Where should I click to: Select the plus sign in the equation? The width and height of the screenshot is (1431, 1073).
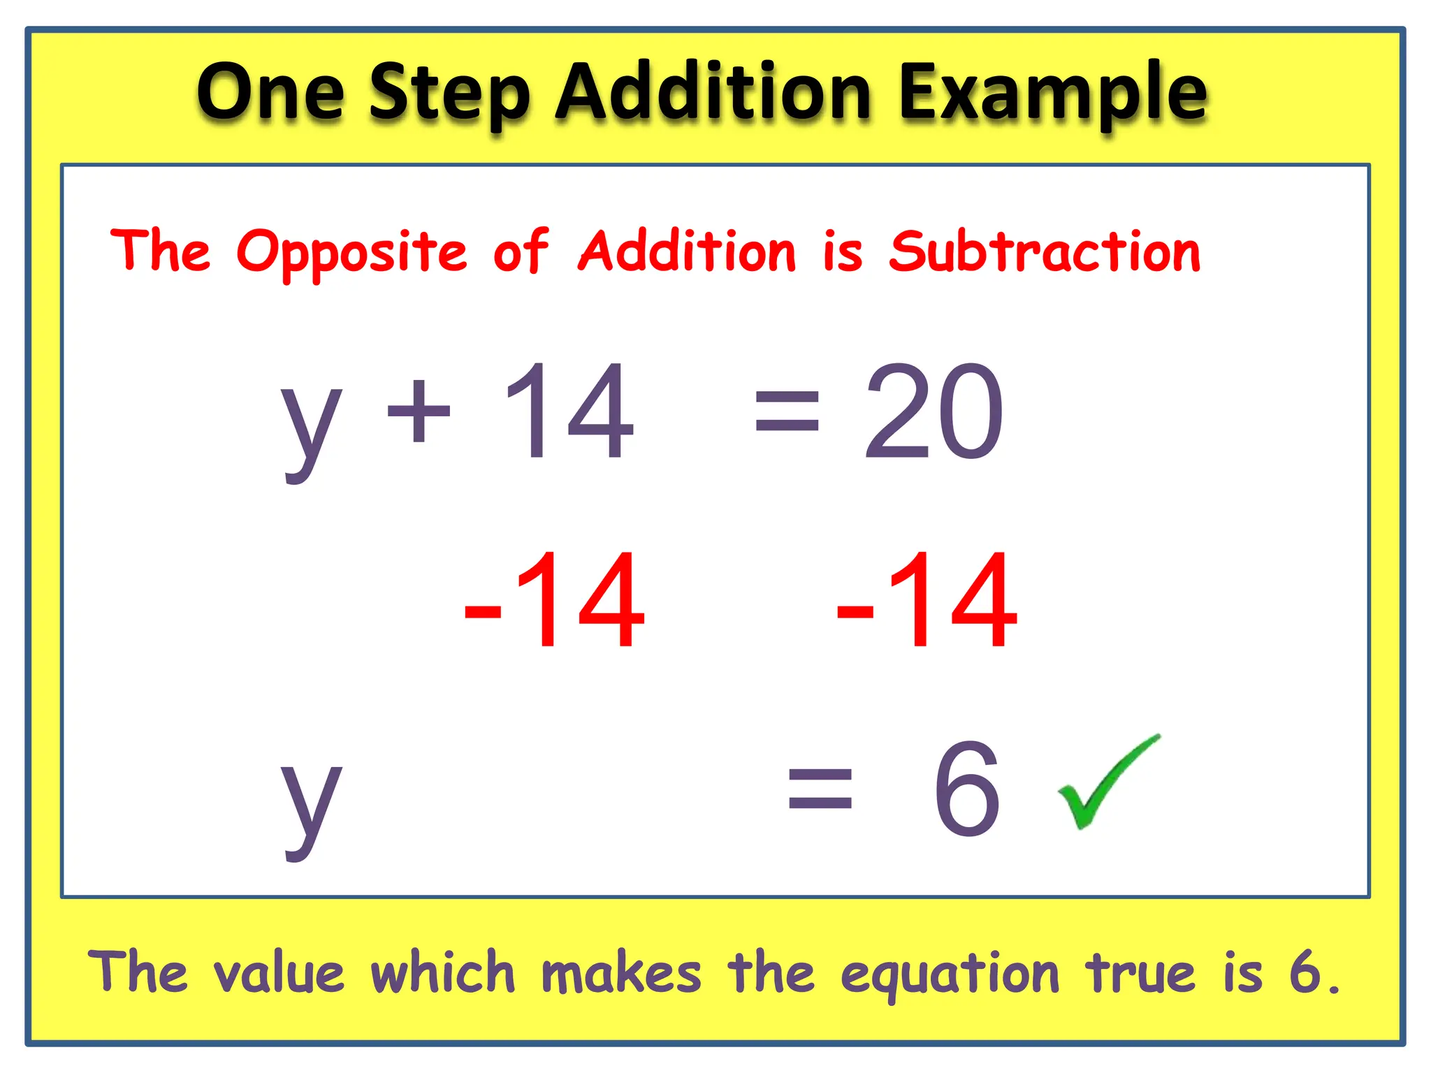tap(419, 411)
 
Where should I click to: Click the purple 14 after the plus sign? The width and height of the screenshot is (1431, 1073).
tap(569, 412)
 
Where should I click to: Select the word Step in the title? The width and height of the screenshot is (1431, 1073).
tap(449, 95)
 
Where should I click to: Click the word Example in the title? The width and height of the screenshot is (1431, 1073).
tap(1053, 95)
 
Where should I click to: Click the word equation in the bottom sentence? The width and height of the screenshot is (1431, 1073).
tap(950, 975)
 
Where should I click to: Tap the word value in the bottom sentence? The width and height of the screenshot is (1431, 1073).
tap(279, 972)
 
